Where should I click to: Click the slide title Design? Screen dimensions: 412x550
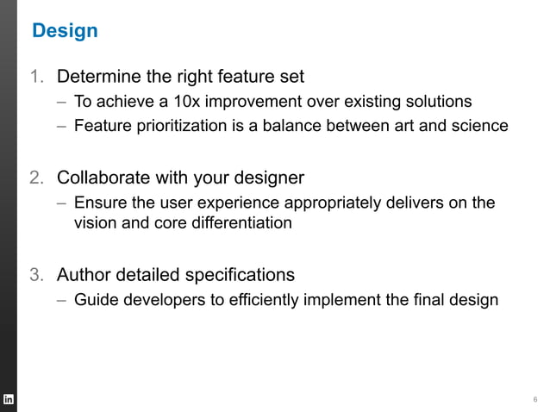[x=65, y=31]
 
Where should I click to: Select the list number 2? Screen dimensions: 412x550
[x=36, y=178]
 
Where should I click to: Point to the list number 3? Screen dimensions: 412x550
[x=36, y=276]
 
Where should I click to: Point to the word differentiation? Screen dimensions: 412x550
[x=236, y=223]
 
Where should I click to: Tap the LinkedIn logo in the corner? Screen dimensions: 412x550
[x=9, y=399]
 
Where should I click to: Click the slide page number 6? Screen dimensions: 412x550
[x=535, y=399]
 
